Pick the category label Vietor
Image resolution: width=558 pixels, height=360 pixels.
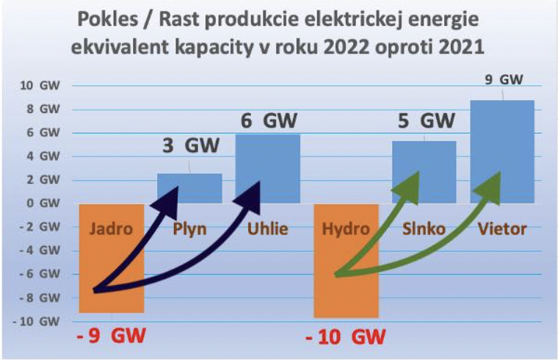tap(502, 229)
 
